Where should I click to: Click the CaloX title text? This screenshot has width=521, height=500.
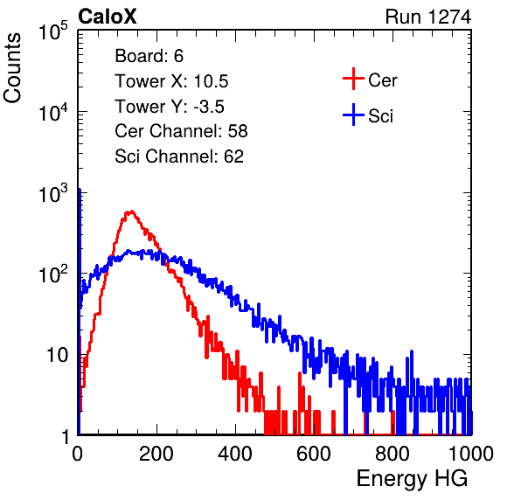(x=108, y=17)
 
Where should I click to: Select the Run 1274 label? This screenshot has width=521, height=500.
(x=428, y=17)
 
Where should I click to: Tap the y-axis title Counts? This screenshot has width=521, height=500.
(x=12, y=68)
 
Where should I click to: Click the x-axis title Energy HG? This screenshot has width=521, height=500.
(x=412, y=479)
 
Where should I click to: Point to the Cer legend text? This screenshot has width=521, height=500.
(x=382, y=80)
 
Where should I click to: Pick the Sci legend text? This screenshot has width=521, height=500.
(x=380, y=116)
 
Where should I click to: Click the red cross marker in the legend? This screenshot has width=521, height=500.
(x=353, y=79)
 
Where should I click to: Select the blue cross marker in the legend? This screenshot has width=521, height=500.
(x=353, y=115)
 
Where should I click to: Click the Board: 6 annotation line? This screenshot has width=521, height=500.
(x=149, y=56)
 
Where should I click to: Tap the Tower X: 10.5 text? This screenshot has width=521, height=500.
(x=171, y=81)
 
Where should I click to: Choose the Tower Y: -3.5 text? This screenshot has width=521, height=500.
(x=170, y=107)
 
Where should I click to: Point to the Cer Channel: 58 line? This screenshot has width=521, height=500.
(x=181, y=131)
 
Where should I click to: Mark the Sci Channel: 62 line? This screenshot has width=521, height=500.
(x=179, y=156)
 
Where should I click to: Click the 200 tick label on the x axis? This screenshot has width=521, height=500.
(x=156, y=454)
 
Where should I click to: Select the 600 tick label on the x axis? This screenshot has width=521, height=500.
(x=314, y=454)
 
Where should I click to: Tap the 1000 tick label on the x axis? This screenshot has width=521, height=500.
(x=471, y=454)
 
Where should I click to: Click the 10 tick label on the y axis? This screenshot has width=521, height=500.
(x=58, y=355)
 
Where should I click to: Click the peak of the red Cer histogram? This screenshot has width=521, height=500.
(x=131, y=212)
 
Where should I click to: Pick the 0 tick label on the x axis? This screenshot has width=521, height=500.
(x=77, y=454)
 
